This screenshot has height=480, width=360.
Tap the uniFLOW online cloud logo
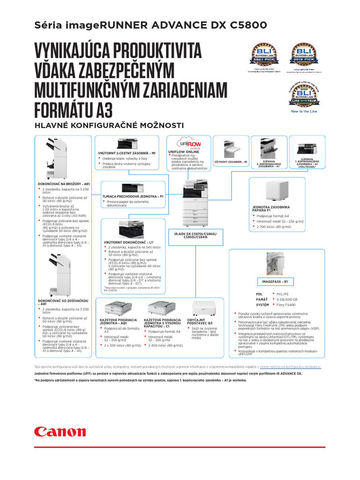(x=188, y=143)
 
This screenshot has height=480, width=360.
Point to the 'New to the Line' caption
(x=304, y=112)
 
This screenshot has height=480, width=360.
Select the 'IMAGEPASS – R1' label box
(x=275, y=282)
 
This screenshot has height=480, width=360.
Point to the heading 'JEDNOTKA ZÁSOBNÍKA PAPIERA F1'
(x=271, y=209)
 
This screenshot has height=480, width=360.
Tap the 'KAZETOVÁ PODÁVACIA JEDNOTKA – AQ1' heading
(x=112, y=321)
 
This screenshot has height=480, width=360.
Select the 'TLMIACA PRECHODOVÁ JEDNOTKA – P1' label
(x=133, y=196)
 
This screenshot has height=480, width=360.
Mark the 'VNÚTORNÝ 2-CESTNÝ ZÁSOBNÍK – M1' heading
(x=127, y=153)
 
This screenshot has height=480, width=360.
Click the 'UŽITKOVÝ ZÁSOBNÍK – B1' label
(x=231, y=161)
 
